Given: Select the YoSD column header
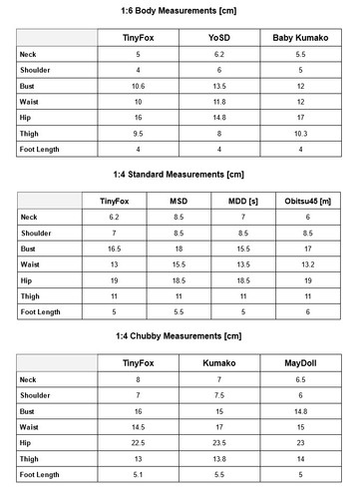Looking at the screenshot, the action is pos(219,38).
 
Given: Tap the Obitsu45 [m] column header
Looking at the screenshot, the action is pos(308,200).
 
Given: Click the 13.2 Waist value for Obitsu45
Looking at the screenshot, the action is pos(308,263).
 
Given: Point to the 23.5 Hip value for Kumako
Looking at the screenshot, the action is pos(219,443).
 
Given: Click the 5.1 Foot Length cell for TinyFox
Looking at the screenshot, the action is pos(138,474).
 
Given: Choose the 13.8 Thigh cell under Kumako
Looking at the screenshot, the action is pos(219,458).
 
